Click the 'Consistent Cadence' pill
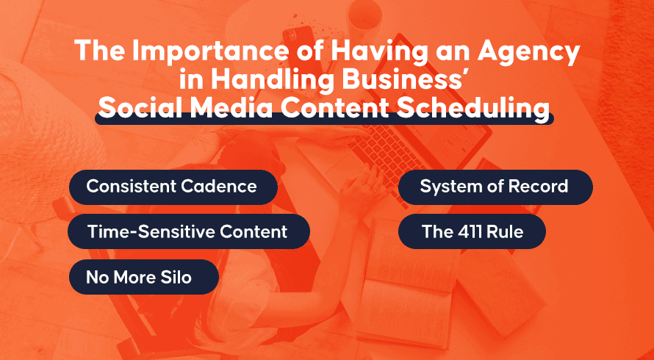coord(173,187)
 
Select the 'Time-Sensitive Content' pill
coord(189,231)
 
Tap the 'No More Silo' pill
coord(144,277)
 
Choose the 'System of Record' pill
coord(495,187)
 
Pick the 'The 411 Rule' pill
coord(472,231)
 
